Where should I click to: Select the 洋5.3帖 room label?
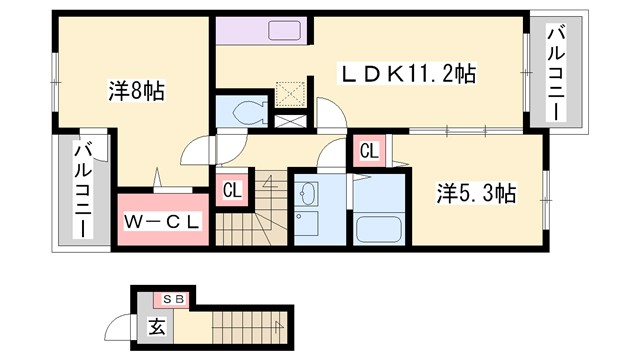pyautogui.click(x=476, y=193)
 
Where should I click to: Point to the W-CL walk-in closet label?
pyautogui.click(x=162, y=220)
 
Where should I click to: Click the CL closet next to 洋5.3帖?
pyautogui.click(x=368, y=152)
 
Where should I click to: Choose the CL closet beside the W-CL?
pyautogui.click(x=231, y=190)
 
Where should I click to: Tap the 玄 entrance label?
pyautogui.click(x=158, y=325)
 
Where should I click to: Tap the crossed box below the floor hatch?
pyautogui.click(x=292, y=120)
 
